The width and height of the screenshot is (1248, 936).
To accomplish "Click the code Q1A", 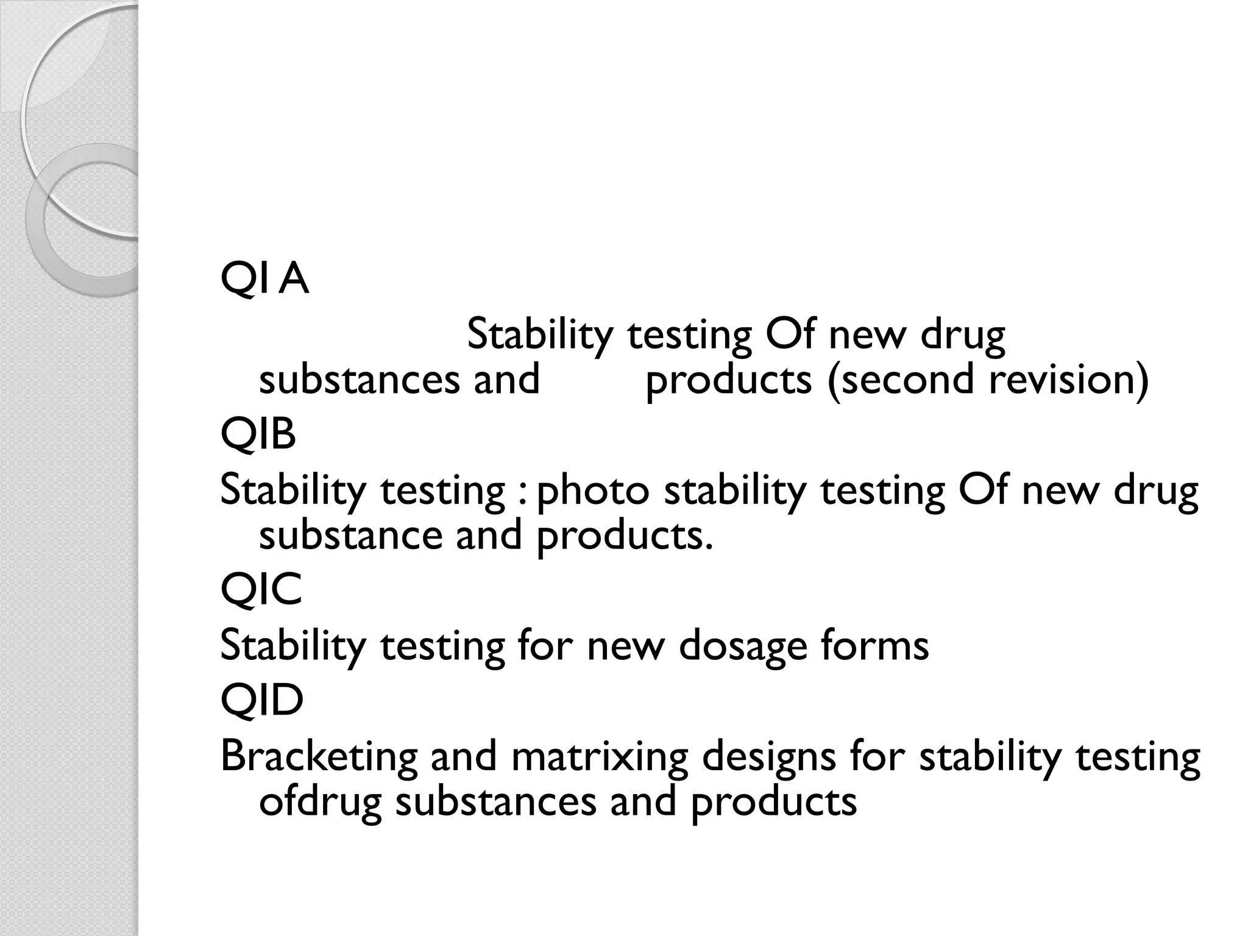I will point(264,280).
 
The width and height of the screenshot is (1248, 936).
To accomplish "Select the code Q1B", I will point(258,435).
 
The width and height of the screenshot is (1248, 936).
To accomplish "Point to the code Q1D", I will point(261,700).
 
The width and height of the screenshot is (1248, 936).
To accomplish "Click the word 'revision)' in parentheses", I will point(1069,379).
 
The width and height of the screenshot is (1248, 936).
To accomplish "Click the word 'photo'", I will point(592,491).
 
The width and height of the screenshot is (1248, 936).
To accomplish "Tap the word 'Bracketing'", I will point(318,756).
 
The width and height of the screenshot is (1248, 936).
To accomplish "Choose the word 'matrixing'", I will point(600,756).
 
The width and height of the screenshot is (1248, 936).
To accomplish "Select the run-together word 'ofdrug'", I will point(320,802).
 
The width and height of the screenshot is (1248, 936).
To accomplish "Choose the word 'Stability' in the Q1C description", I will point(293,646).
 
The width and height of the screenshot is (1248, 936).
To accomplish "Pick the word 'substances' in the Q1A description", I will point(359,379).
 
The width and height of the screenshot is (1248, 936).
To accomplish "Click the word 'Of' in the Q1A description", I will point(790,335).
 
